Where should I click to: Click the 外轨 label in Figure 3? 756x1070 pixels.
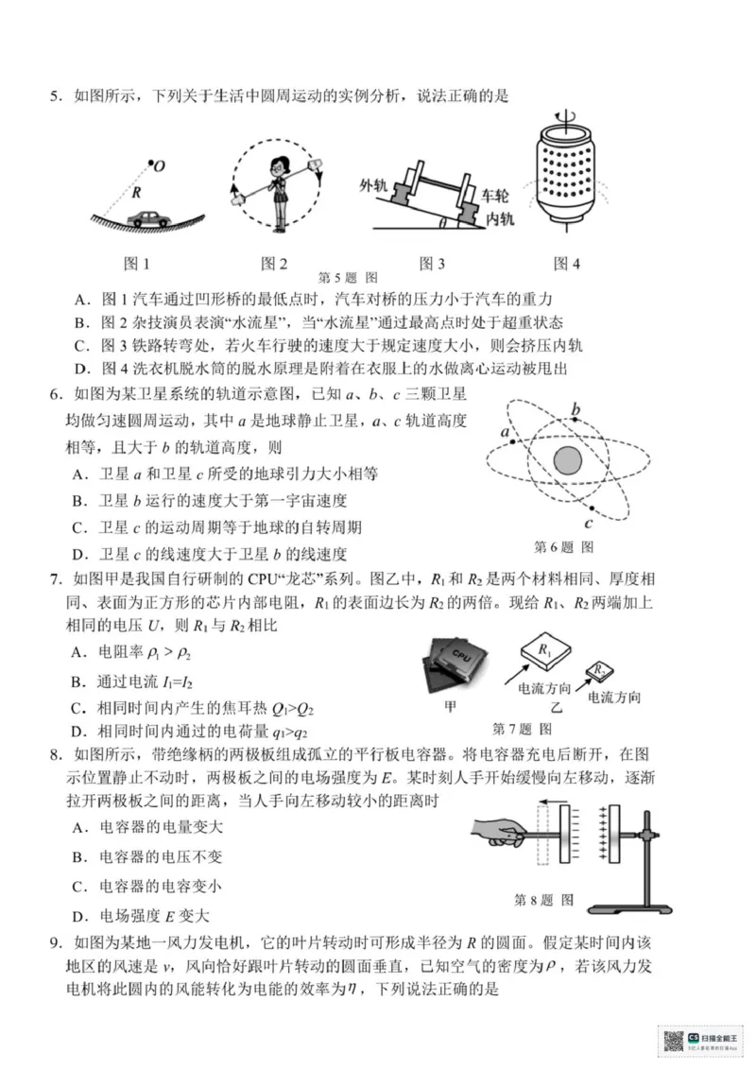(374, 184)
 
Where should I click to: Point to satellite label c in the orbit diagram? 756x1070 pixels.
(588, 524)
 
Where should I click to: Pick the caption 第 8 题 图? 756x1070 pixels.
(543, 900)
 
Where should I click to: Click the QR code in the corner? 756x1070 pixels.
(673, 1040)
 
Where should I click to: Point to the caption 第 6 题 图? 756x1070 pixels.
(564, 546)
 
